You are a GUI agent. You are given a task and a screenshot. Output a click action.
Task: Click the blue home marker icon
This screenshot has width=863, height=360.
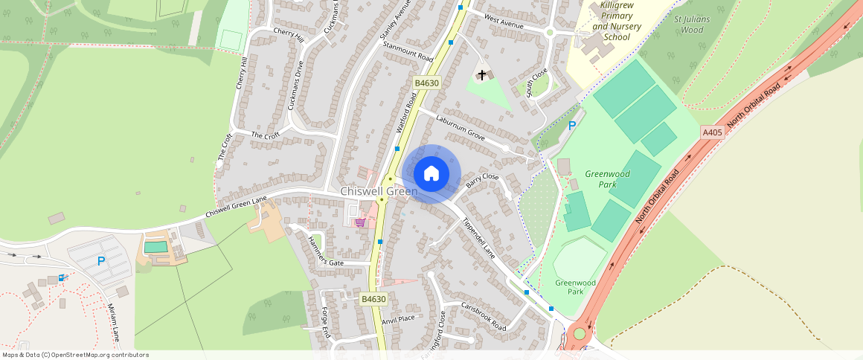[x=431, y=174]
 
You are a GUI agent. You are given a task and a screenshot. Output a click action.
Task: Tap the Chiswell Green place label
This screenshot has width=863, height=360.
[x=379, y=192]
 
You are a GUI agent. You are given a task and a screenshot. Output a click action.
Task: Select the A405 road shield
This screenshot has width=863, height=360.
[x=712, y=132]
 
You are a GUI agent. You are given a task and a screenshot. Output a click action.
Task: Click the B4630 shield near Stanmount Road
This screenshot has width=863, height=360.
[x=426, y=83]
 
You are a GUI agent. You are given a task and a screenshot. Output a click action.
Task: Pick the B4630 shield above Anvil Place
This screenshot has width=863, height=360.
[x=373, y=299]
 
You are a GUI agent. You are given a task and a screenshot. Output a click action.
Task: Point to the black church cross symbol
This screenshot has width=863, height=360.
[x=482, y=75]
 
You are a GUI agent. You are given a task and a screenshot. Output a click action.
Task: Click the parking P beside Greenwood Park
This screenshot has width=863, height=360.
[x=572, y=126]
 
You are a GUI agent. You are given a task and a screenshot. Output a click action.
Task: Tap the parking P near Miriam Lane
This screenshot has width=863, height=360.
[x=101, y=261]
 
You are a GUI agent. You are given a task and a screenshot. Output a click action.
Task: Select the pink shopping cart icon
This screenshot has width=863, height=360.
[x=360, y=222]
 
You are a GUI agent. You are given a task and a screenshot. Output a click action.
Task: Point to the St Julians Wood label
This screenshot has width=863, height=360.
[x=692, y=25]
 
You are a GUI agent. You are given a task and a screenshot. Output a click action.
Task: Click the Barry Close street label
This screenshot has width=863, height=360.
[x=482, y=180]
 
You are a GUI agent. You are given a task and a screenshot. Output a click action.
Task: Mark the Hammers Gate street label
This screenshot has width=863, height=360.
[x=325, y=251]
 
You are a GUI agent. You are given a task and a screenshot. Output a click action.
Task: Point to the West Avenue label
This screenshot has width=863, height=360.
[x=504, y=21]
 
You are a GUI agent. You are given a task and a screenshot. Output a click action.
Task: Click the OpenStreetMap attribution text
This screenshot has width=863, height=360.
[x=75, y=355]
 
